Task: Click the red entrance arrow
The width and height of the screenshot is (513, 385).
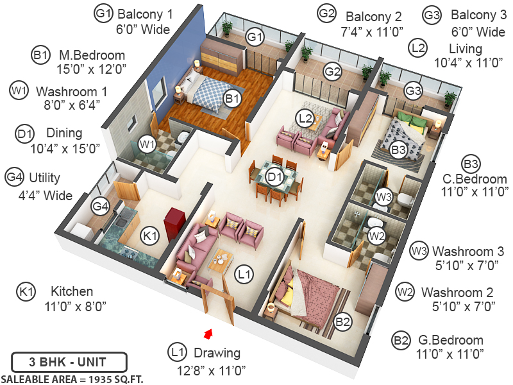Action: [208, 333]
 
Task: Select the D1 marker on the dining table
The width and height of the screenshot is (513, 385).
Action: [275, 175]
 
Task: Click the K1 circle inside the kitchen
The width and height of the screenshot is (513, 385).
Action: [150, 237]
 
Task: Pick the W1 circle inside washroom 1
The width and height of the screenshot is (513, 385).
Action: [147, 144]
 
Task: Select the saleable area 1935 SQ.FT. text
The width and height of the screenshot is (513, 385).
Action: [72, 379]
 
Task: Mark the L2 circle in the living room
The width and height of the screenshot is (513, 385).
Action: [305, 117]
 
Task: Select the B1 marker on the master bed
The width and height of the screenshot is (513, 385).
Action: [231, 98]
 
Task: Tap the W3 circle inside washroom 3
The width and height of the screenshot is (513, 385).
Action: [383, 196]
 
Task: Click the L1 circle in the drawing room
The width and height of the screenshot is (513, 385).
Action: [243, 275]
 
